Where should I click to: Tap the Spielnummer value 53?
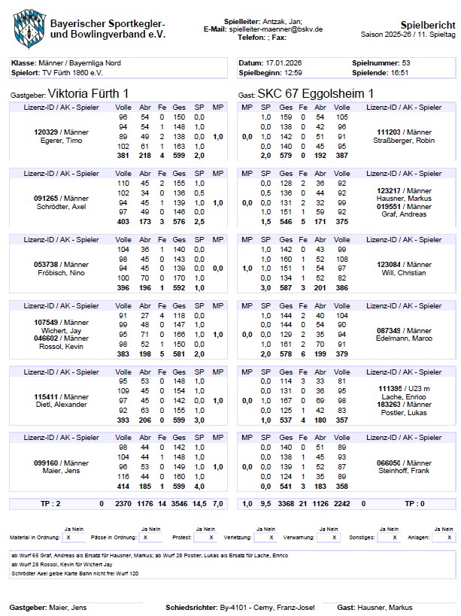pos(406,62)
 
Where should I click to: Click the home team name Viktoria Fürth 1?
pos(88,94)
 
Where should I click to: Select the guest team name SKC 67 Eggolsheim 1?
pos(316,94)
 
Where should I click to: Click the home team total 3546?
pos(179,503)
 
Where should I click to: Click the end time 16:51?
pos(400,73)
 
